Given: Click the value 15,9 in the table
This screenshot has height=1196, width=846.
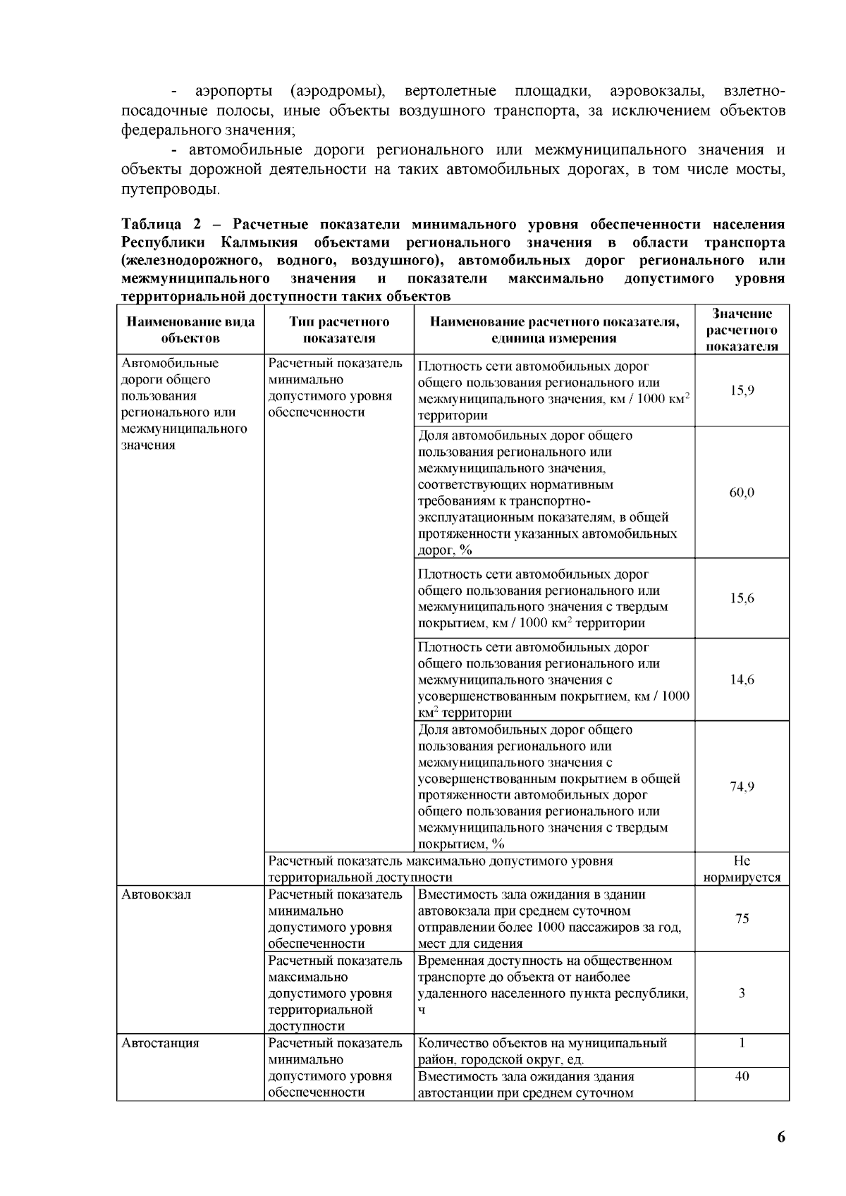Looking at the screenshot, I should pos(742,390).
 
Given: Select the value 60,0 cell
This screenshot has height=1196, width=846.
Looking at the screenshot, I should pos(742,493).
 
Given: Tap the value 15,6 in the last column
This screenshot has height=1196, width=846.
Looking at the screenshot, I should pos(742,598).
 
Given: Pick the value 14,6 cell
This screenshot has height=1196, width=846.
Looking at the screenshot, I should pos(742,680).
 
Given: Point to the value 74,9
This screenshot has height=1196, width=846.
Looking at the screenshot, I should pos(742,787).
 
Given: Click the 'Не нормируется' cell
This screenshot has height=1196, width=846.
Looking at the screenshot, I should pos(742,869).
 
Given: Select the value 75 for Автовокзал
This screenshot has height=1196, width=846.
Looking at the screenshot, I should pos(742,918).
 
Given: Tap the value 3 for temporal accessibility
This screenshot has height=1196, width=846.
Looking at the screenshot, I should pos(742,994).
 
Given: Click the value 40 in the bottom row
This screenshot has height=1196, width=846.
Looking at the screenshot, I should pos(742,1077).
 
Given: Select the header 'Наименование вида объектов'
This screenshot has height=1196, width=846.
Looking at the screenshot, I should pos(190,330).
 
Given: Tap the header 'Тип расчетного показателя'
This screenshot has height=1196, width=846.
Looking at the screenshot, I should pos(339,330).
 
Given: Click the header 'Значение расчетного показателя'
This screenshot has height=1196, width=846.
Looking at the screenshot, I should pos(742,330).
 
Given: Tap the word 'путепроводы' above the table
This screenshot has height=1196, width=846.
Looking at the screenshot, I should pos(168,190).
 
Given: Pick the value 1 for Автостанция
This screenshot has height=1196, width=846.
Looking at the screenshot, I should pos(742,1043).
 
